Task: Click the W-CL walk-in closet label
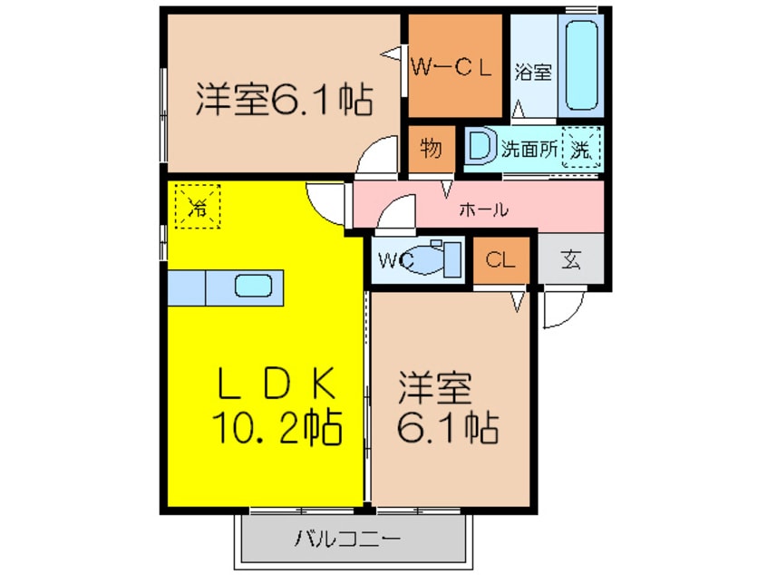coord(451,67)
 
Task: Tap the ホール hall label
coord(482,210)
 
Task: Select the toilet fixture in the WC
coord(433,259)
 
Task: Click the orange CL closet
coord(500,260)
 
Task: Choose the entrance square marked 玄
coord(571,259)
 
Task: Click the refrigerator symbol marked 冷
coord(197,205)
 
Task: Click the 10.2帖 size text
coord(277,426)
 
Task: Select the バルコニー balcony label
coord(347,541)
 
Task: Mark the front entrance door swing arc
coord(557,313)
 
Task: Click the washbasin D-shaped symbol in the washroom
coord(481,146)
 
